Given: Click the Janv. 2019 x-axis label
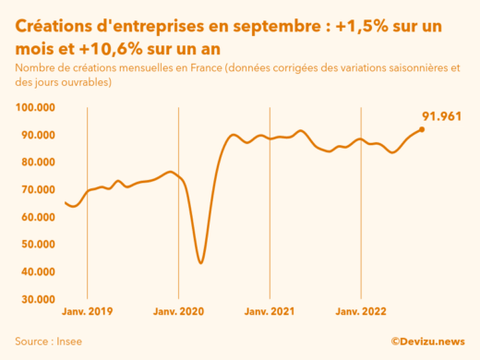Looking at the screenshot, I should tap(87, 313).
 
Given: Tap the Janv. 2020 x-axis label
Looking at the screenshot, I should tap(178, 313).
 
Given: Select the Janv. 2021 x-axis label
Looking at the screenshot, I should tap(270, 313).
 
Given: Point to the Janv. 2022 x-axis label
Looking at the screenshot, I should tap(361, 313).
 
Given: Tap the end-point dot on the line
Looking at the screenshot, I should tap(422, 129).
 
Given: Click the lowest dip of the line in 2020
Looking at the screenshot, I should tap(201, 263).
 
